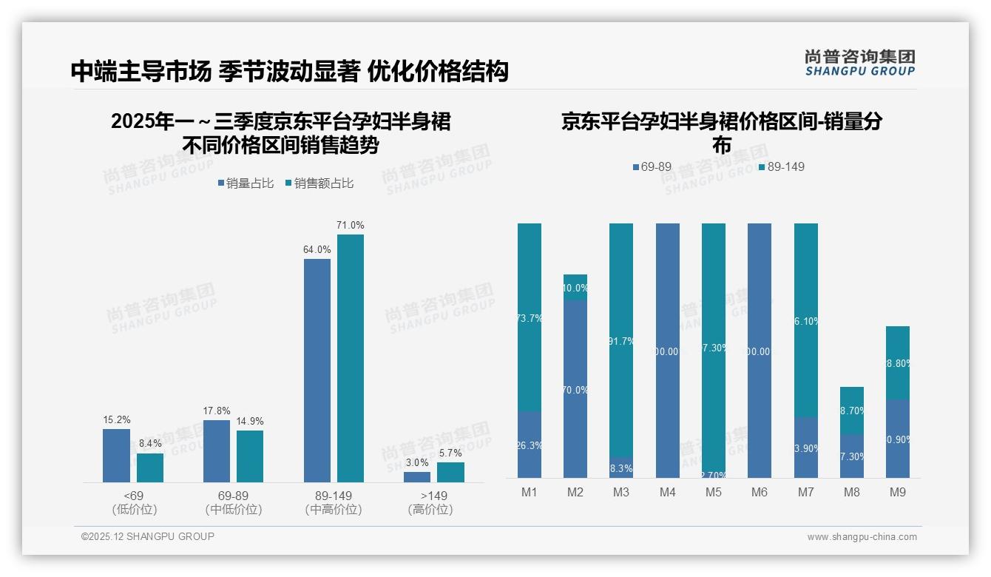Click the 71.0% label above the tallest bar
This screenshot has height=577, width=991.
point(351,226)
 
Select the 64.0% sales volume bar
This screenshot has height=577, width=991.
point(317,370)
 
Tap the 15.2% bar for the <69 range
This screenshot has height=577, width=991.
point(116,455)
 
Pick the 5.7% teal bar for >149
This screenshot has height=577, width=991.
point(450,472)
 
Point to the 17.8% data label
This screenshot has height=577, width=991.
point(217,411)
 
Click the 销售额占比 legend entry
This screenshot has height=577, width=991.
point(319,183)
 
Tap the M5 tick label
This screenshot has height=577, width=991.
point(714,492)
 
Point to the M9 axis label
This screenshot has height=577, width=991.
point(897,492)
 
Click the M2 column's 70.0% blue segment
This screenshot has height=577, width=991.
point(575,389)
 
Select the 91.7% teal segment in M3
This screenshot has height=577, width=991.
point(621,340)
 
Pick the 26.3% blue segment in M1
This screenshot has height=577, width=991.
point(530,445)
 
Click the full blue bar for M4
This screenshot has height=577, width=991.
point(668,351)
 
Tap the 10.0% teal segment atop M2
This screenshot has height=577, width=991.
point(575,287)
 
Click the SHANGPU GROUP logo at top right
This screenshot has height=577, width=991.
point(859,63)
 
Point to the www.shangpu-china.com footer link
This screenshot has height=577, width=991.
point(862,537)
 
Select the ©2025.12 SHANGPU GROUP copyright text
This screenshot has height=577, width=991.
point(148,536)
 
